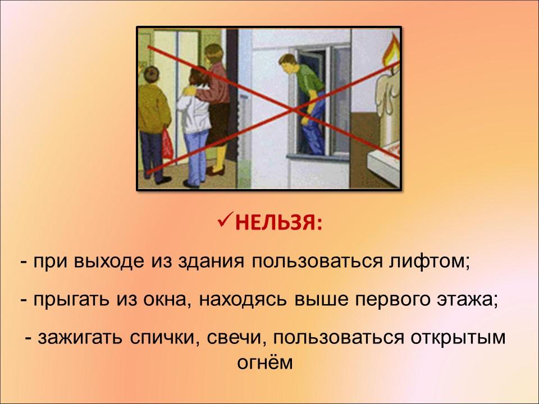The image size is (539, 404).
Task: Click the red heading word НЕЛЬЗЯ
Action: (x=279, y=224)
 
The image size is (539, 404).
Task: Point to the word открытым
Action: (x=458, y=338)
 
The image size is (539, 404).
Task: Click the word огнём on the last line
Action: (x=264, y=362)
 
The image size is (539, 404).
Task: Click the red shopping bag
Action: (x=167, y=144)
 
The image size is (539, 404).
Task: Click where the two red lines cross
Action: (x=294, y=109)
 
